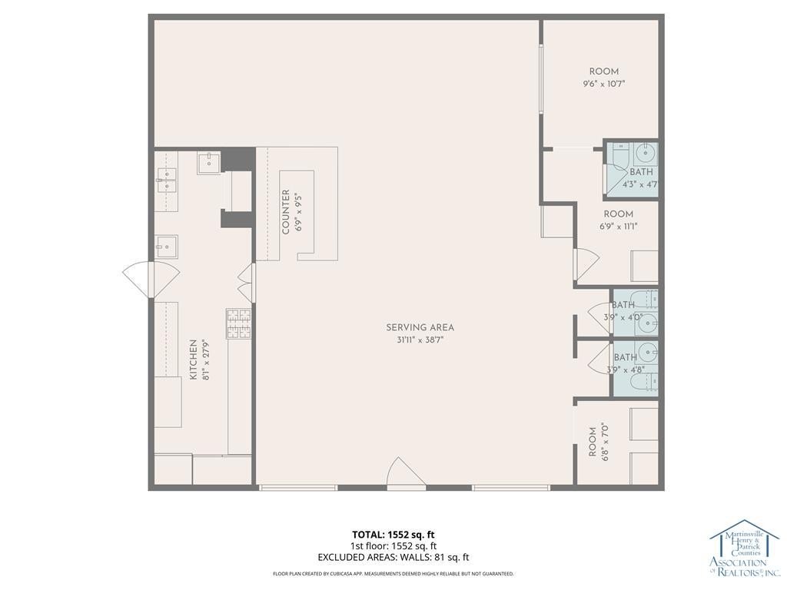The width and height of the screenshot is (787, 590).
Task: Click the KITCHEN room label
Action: (x=193, y=360)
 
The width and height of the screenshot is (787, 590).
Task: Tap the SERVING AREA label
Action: (x=420, y=327)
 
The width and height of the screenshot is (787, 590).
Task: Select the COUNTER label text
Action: (x=286, y=212)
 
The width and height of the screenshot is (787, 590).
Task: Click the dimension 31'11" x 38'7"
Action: (x=420, y=340)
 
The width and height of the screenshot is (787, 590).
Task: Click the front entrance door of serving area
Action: (x=406, y=472)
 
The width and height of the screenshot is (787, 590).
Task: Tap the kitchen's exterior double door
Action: (x=151, y=280)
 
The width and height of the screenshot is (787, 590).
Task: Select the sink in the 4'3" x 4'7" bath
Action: (x=645, y=153)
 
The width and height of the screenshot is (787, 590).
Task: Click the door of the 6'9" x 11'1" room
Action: (x=585, y=265)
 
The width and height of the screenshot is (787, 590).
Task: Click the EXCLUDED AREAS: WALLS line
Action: (x=393, y=557)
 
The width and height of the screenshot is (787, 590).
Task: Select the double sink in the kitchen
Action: (x=166, y=180)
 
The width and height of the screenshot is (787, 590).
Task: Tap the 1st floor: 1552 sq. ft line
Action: (x=393, y=546)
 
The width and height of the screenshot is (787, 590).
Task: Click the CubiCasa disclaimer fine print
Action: (x=393, y=573)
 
